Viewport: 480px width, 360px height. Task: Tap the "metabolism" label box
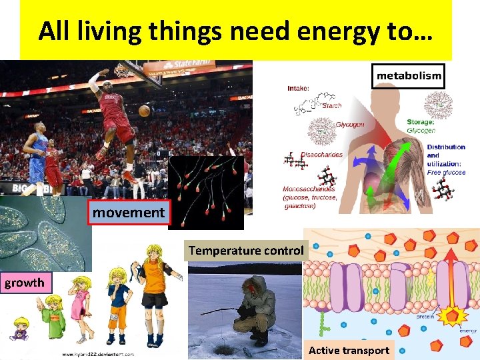click(x=409, y=76)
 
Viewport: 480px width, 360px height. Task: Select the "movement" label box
click(x=129, y=213)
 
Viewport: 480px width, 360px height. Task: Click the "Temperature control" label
click(x=245, y=251)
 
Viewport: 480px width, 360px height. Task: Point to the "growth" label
click(x=25, y=282)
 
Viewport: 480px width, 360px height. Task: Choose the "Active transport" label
click(x=349, y=350)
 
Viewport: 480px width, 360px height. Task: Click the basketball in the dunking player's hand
click(x=144, y=110)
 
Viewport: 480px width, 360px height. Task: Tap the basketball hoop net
click(x=122, y=71)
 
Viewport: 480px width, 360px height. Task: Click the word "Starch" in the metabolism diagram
click(x=331, y=105)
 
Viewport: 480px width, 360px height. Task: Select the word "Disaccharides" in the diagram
click(x=322, y=155)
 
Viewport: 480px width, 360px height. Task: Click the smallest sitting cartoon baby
click(x=19, y=328)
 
